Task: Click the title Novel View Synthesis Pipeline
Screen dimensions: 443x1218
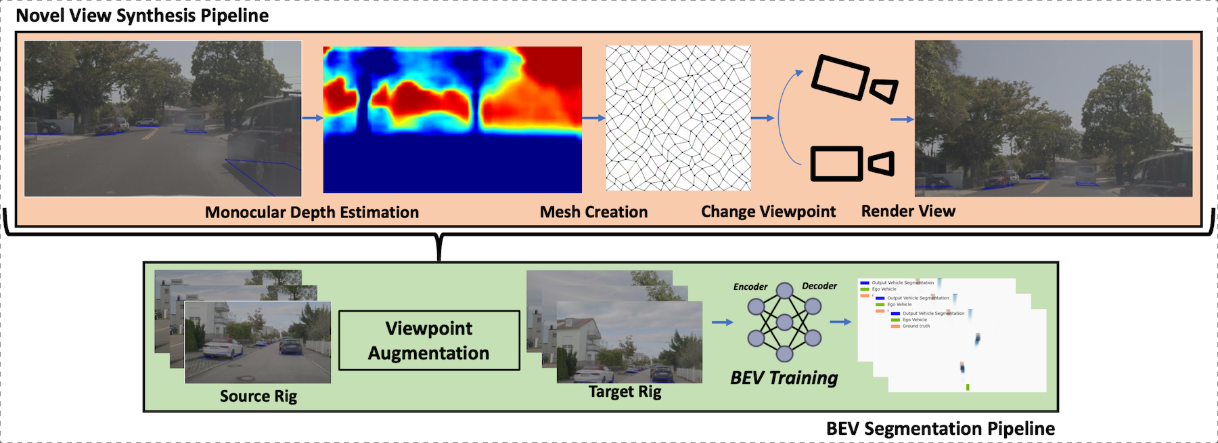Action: click(x=142, y=16)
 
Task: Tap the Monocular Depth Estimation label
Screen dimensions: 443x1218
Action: click(x=312, y=212)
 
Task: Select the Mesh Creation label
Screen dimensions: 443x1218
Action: click(x=593, y=212)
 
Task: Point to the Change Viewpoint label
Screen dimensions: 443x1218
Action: click(x=768, y=211)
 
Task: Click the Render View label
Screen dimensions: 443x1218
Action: click(x=908, y=211)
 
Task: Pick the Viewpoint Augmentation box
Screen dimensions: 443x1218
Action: click(x=429, y=341)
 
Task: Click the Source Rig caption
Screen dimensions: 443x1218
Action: click(x=258, y=396)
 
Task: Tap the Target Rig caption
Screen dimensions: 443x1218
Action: click(x=625, y=392)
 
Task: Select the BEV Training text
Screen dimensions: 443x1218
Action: click(x=784, y=378)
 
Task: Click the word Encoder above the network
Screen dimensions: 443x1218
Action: click(x=750, y=287)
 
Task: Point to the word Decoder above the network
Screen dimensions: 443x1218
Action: click(x=819, y=286)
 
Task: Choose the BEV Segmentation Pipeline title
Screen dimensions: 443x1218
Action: click(x=940, y=429)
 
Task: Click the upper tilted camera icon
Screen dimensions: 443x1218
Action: click(x=854, y=80)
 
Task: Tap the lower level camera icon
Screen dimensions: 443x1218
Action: click(x=852, y=163)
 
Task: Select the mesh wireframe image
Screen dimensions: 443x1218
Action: click(x=678, y=118)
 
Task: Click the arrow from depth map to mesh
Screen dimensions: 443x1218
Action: click(x=593, y=119)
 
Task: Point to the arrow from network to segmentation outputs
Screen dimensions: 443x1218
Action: click(x=840, y=322)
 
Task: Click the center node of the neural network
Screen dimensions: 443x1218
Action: click(x=784, y=322)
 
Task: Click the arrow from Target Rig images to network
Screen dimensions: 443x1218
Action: click(x=722, y=322)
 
